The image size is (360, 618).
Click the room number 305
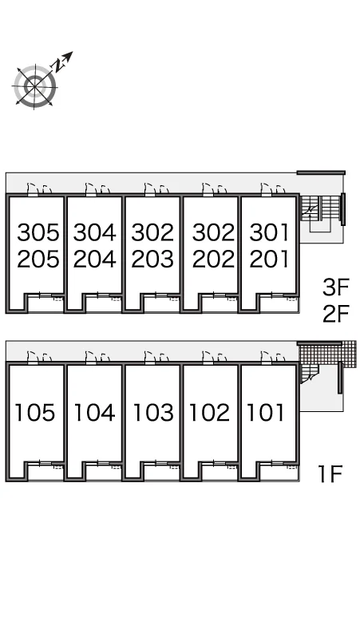38,232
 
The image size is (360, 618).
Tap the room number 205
38,259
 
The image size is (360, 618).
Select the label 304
95,232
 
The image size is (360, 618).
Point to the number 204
95,259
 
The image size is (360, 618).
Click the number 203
152,259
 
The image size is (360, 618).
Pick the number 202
213,259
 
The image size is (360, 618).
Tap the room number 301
269,232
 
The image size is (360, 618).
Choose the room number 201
269,259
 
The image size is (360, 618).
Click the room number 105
34,412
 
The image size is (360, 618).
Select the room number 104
94,412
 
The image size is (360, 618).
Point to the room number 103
153,412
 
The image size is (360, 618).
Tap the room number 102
209,412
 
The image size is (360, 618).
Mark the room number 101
266,412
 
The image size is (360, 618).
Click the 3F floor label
336,287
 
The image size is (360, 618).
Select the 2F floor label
336,314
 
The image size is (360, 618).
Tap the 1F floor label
330,473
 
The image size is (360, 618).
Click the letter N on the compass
59,65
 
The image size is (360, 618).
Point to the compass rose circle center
34,86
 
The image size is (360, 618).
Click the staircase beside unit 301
320,208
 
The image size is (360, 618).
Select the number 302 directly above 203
152,232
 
